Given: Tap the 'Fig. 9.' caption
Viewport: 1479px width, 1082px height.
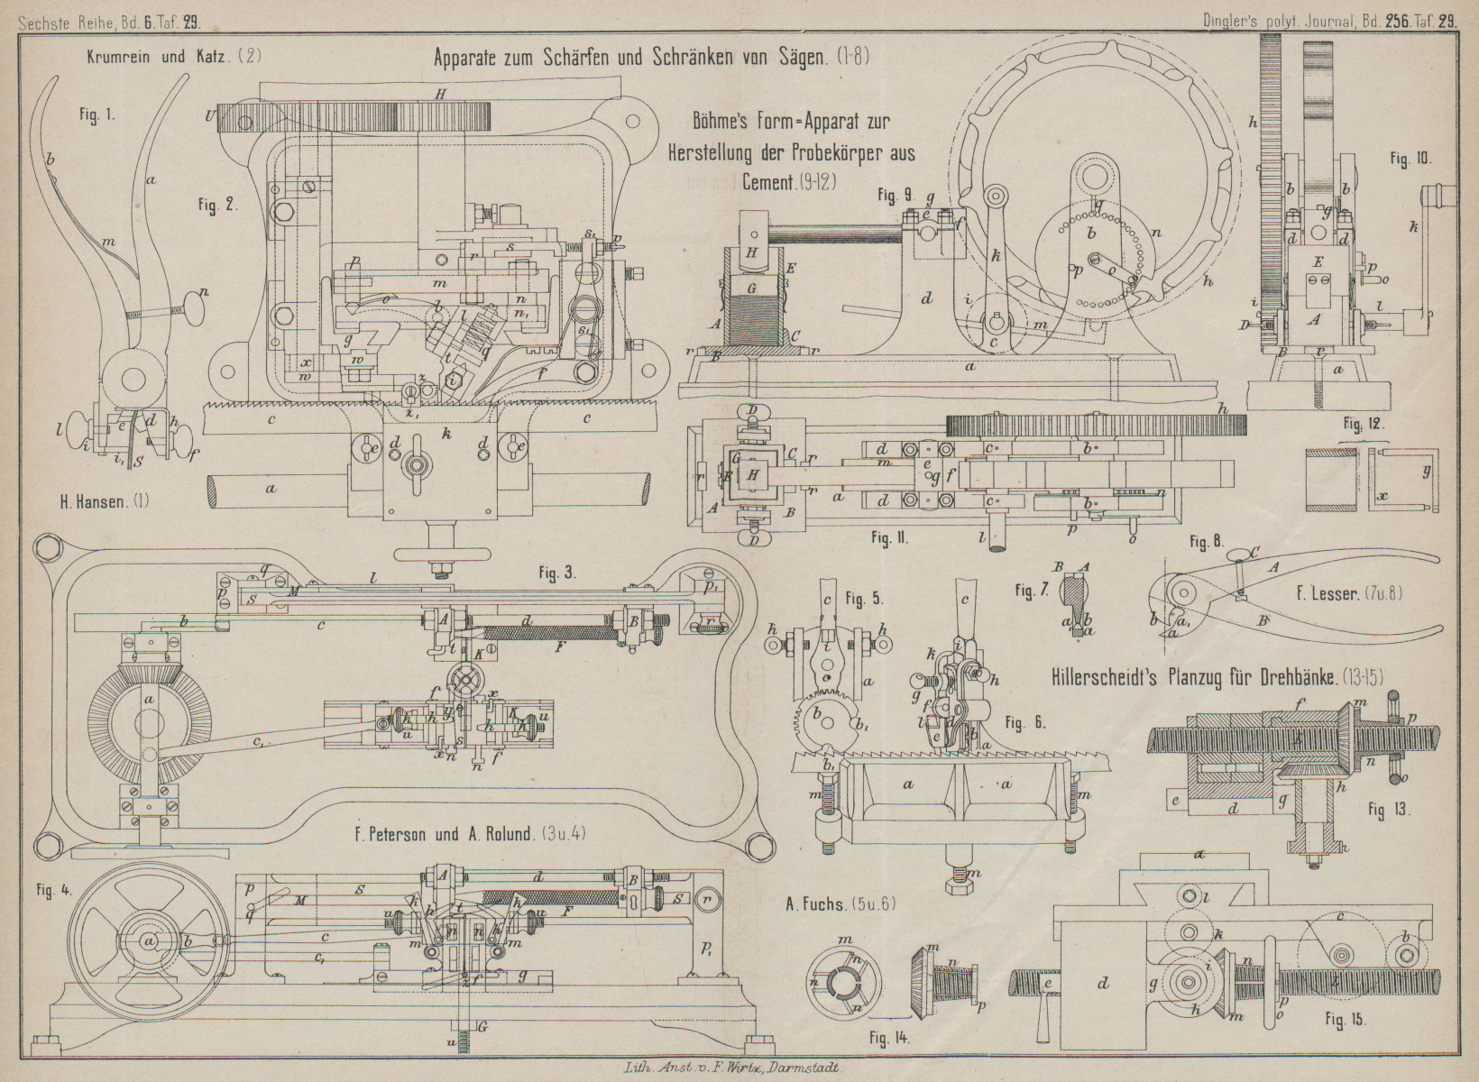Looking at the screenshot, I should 896,194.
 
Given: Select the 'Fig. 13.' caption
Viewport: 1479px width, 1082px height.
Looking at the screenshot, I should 1389,809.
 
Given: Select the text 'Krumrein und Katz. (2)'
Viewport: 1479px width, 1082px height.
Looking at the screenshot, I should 174,56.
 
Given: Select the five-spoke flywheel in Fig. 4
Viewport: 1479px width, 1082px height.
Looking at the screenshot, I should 149,940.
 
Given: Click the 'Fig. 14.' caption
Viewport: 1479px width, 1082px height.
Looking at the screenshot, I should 889,1038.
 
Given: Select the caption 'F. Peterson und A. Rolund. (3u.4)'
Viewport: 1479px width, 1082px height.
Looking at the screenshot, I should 471,834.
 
